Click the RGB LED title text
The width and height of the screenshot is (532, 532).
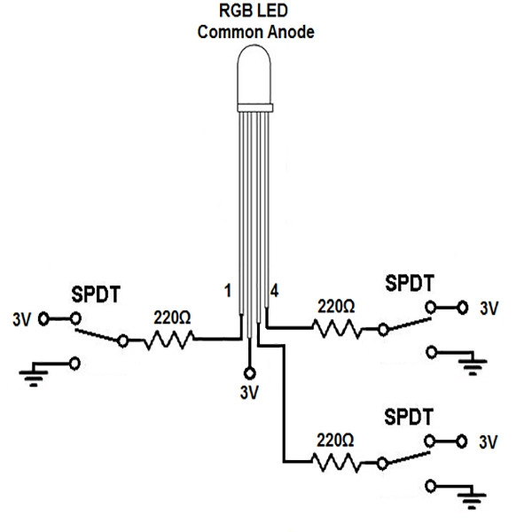(x=254, y=11)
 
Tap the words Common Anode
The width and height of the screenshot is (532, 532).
(x=256, y=32)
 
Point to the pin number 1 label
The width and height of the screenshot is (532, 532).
(x=228, y=291)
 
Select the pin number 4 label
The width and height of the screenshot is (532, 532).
(x=274, y=291)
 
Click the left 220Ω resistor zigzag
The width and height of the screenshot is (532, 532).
(x=169, y=340)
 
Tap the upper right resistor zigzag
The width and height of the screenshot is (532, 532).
(x=337, y=328)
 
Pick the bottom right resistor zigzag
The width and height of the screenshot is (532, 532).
(x=336, y=463)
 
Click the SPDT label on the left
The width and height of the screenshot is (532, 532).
(x=96, y=294)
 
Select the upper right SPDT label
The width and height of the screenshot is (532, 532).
(x=410, y=283)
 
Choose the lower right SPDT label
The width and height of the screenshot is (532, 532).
(x=409, y=417)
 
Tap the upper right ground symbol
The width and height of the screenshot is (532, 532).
(x=473, y=364)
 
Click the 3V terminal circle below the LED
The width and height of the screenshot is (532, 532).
(x=250, y=373)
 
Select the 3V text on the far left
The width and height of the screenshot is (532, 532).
(x=21, y=319)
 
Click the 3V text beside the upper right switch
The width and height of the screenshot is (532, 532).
(x=489, y=309)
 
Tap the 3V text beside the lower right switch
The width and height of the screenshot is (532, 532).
(x=489, y=442)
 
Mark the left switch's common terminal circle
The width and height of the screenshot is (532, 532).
(x=123, y=340)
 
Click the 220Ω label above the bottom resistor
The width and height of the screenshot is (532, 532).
(x=335, y=441)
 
